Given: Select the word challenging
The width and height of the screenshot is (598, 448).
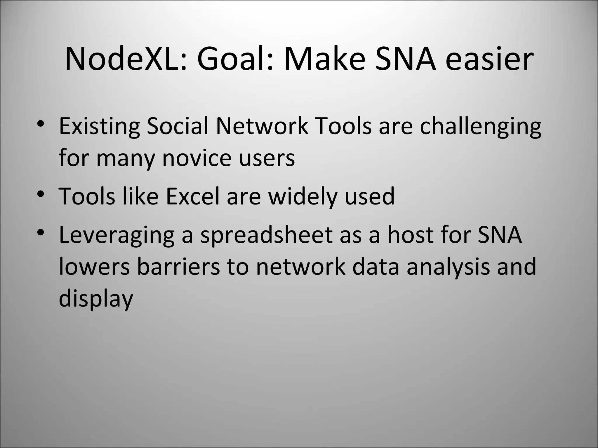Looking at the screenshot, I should click(480, 127).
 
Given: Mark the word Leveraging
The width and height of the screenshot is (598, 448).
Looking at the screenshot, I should click(117, 235).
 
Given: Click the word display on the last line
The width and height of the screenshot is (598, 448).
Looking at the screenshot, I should click(96, 299).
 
